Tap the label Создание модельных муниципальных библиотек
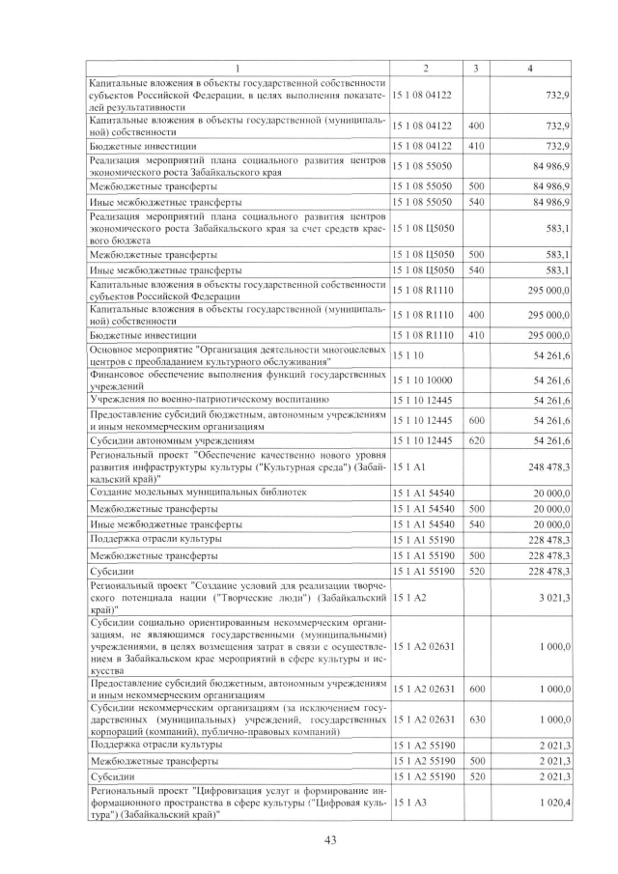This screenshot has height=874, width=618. click(198, 492)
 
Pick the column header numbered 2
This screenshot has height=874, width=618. click(426, 69)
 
